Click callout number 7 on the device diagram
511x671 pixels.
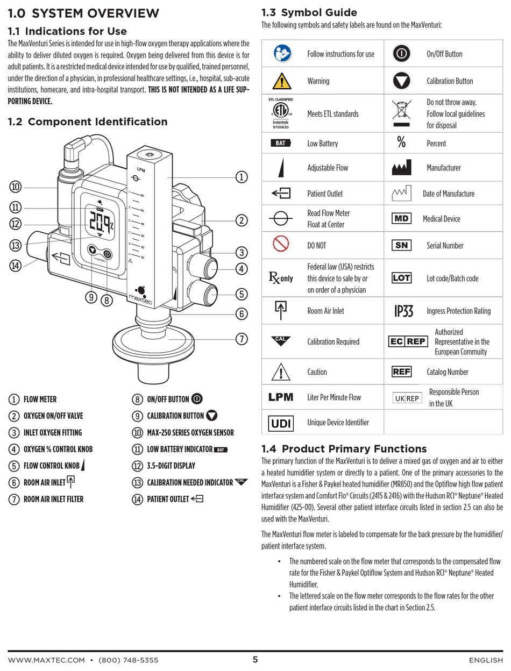click(242, 339)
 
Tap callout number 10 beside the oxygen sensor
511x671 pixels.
click(15, 187)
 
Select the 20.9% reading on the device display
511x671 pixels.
click(102, 222)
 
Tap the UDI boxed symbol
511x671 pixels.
click(280, 423)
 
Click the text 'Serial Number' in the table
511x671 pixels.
click(445, 246)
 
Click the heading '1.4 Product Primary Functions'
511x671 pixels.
click(344, 449)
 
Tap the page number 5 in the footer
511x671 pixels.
click(255, 660)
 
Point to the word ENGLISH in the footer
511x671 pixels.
click(486, 660)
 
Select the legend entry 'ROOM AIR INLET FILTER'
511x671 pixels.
click(53, 499)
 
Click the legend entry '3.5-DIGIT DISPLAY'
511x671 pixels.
click(171, 466)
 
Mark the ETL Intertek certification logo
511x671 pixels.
click(280, 113)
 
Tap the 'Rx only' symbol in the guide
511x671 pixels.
click(280, 279)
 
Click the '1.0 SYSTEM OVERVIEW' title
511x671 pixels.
click(84, 13)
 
